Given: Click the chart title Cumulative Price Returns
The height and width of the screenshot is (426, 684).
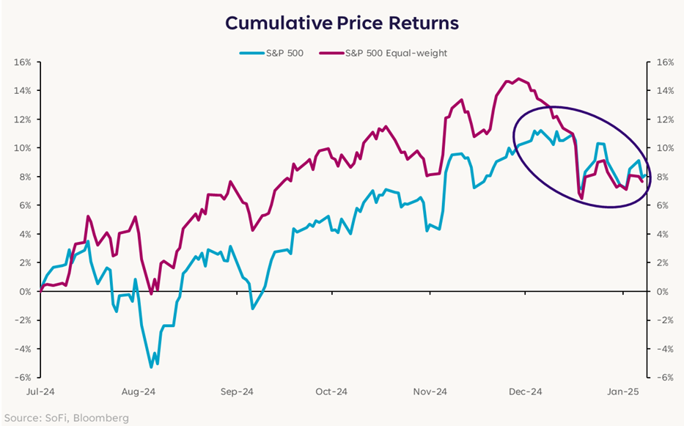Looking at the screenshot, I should [x=342, y=23].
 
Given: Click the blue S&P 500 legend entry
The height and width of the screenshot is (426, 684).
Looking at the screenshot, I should [x=283, y=53].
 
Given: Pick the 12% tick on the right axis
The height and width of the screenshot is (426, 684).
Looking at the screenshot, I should [x=663, y=120].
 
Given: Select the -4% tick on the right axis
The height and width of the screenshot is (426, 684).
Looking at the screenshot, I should [x=662, y=349].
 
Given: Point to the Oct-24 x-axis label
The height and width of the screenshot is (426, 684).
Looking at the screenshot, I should [x=331, y=392].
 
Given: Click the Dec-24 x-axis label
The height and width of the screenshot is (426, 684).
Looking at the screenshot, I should [x=526, y=392].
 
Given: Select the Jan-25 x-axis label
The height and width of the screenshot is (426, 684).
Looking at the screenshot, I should [x=623, y=392].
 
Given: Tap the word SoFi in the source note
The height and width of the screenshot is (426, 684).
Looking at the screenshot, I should [x=57, y=417].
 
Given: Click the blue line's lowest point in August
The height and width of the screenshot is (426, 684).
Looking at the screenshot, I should [x=151, y=367].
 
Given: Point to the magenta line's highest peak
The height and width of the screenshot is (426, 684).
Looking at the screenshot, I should [x=519, y=78].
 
